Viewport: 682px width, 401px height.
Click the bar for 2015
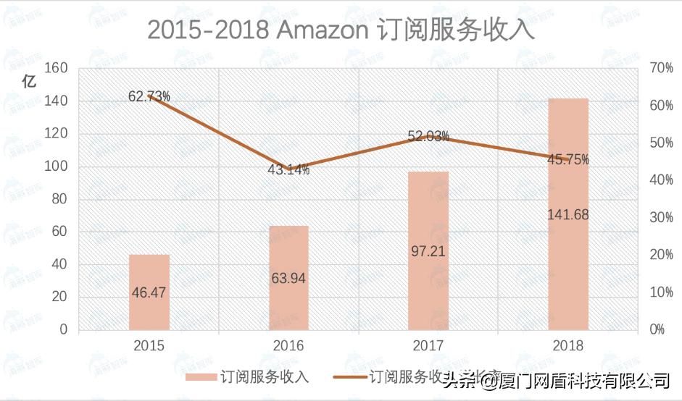(149, 292)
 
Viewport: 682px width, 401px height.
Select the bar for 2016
(288, 278)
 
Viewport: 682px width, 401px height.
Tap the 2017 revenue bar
(428, 250)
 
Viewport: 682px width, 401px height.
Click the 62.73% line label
(149, 96)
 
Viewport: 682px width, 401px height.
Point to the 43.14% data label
(289, 170)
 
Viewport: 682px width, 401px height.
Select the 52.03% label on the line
(428, 135)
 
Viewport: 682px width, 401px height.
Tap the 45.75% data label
(568, 159)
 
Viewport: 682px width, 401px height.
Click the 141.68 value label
(568, 214)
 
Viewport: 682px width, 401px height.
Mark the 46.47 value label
(149, 292)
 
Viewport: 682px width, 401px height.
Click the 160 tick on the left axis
(57, 68)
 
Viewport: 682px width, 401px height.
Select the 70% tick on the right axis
(662, 68)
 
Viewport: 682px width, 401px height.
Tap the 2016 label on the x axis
(288, 345)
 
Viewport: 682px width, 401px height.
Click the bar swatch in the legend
(212, 377)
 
